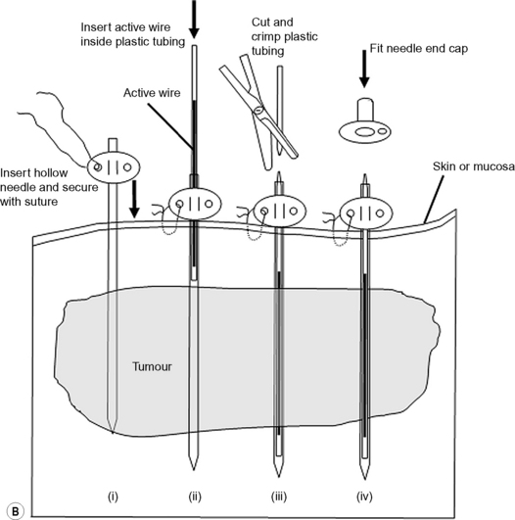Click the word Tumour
click(x=152, y=366)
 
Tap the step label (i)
click(x=113, y=496)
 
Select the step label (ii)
click(x=195, y=496)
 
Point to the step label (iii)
click(x=279, y=496)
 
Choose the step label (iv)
click(x=364, y=496)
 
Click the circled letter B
click(x=16, y=511)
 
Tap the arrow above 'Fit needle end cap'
click(x=364, y=69)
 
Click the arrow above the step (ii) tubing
click(x=194, y=20)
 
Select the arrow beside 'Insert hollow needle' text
click(x=134, y=199)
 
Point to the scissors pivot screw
click(x=258, y=109)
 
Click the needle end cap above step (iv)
click(x=365, y=121)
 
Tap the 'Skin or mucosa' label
click(x=474, y=166)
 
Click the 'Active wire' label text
click(x=152, y=92)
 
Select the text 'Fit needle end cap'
click(x=419, y=48)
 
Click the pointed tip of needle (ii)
click(x=193, y=470)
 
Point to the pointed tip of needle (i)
click(x=113, y=433)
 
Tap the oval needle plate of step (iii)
click(x=280, y=211)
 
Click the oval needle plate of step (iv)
click(x=366, y=213)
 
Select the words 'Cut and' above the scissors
click(x=272, y=23)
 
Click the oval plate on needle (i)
click(x=114, y=167)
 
